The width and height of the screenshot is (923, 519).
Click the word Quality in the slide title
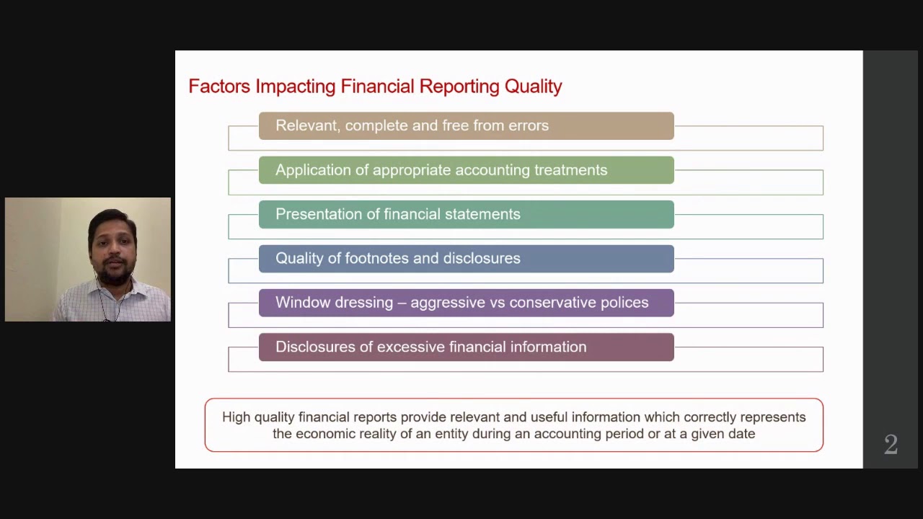533,86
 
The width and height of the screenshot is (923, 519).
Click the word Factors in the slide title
218,86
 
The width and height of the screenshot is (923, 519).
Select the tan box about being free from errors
466,126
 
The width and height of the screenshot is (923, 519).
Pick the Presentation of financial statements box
466,214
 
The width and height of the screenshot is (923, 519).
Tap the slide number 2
891,445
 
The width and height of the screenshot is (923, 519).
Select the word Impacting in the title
295,86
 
